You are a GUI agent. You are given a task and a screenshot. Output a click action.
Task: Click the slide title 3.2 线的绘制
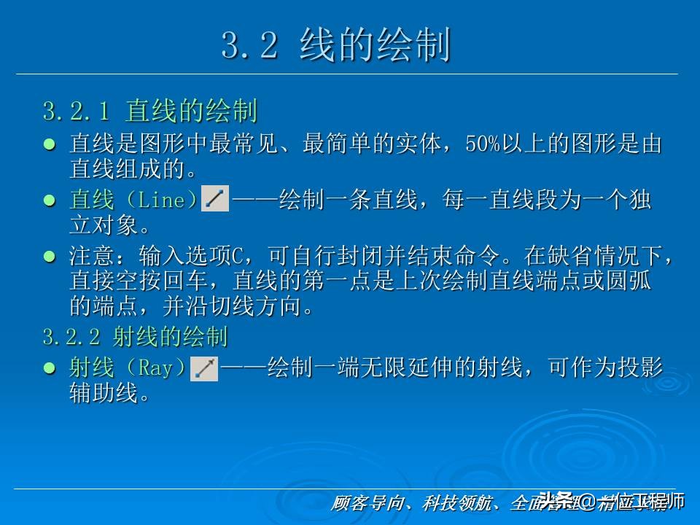(x=336, y=46)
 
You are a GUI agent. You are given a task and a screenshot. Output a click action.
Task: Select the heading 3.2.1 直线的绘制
(x=149, y=112)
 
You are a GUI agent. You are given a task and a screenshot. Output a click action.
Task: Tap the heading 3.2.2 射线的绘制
(x=135, y=337)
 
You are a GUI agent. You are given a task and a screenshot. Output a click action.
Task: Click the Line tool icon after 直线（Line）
(x=214, y=199)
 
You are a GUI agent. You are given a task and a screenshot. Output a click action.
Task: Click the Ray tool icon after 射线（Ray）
(x=204, y=369)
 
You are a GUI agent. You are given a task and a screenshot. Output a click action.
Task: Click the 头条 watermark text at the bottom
(x=556, y=500)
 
